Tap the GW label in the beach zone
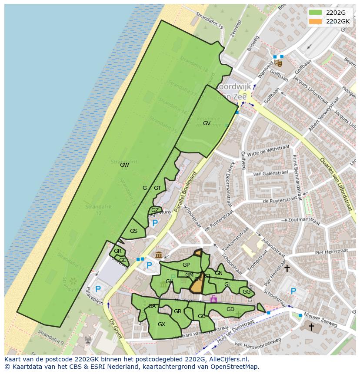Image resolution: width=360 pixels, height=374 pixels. click(x=124, y=165)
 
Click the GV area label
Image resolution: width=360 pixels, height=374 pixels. click(x=207, y=123)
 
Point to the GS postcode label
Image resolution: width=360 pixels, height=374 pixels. click(x=133, y=231)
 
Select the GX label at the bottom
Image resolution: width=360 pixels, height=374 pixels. click(x=161, y=324)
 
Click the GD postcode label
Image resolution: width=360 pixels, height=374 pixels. click(x=230, y=309)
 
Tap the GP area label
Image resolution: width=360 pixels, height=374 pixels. click(x=186, y=265)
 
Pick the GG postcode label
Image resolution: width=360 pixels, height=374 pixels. click(x=247, y=292)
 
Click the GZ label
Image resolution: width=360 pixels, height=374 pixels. click(x=155, y=210)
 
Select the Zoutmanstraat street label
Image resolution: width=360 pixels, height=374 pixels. click(x=304, y=221)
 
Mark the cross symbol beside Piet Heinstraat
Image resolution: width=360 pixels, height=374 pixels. click(x=287, y=268)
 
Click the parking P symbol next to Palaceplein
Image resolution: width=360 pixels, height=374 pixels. click(x=98, y=289)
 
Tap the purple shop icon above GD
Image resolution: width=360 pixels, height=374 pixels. click(x=213, y=299)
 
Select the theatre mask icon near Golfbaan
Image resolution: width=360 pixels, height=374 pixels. click(x=279, y=63)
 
